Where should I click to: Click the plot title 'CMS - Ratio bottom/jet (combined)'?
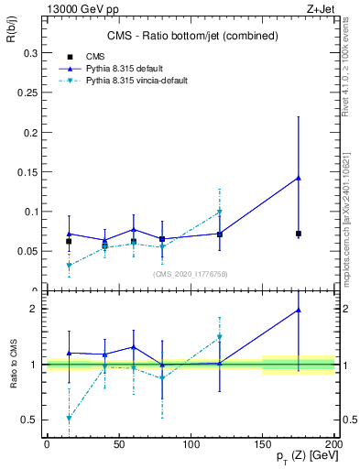pos(191,36)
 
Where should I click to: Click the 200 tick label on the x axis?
pos(334,443)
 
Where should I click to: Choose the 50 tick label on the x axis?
pos(118,443)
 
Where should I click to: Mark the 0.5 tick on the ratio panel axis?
pos(30,420)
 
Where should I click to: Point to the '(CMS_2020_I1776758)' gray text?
pos(191,273)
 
